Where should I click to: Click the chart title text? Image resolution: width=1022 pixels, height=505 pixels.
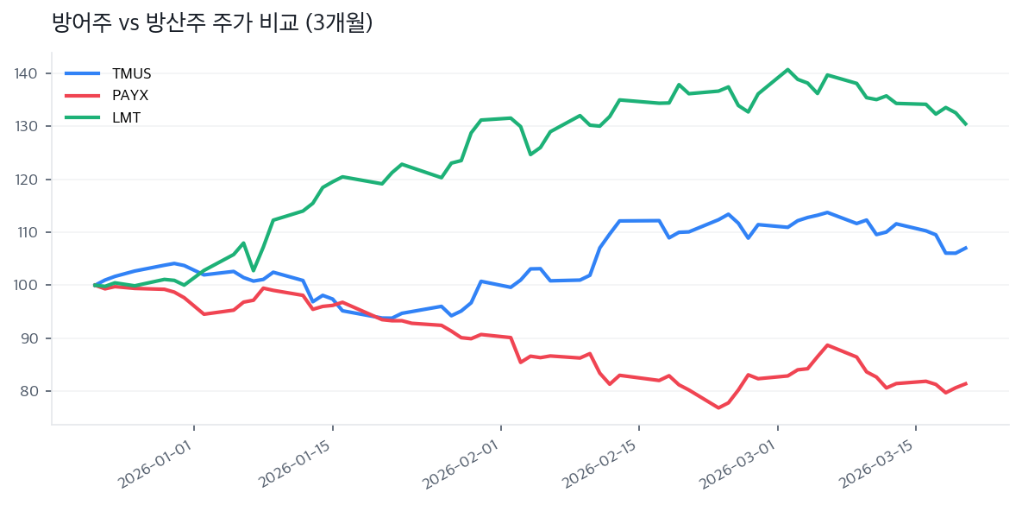click(212, 23)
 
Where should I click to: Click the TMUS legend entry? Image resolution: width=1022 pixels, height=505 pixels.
click(131, 73)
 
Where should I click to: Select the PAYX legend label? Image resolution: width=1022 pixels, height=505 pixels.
click(130, 96)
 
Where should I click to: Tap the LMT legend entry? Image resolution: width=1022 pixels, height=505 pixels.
click(126, 118)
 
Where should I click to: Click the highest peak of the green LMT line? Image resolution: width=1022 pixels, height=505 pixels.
click(787, 69)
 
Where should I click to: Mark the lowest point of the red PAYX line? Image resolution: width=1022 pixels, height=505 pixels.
click(718, 407)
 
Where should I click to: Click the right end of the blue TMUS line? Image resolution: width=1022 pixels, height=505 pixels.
click(966, 248)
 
